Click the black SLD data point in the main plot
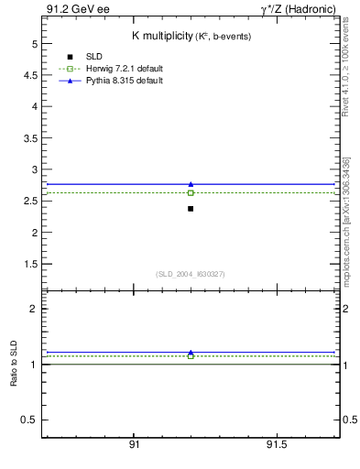(x=191, y=209)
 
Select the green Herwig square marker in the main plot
(x=191, y=192)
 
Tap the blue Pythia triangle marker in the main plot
(x=191, y=184)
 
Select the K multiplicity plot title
(x=191, y=36)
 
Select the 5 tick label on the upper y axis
(x=34, y=44)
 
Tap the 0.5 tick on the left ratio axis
(x=30, y=420)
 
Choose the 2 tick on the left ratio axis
(x=34, y=309)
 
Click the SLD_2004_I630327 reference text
(x=191, y=274)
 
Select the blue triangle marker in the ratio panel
(x=191, y=352)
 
